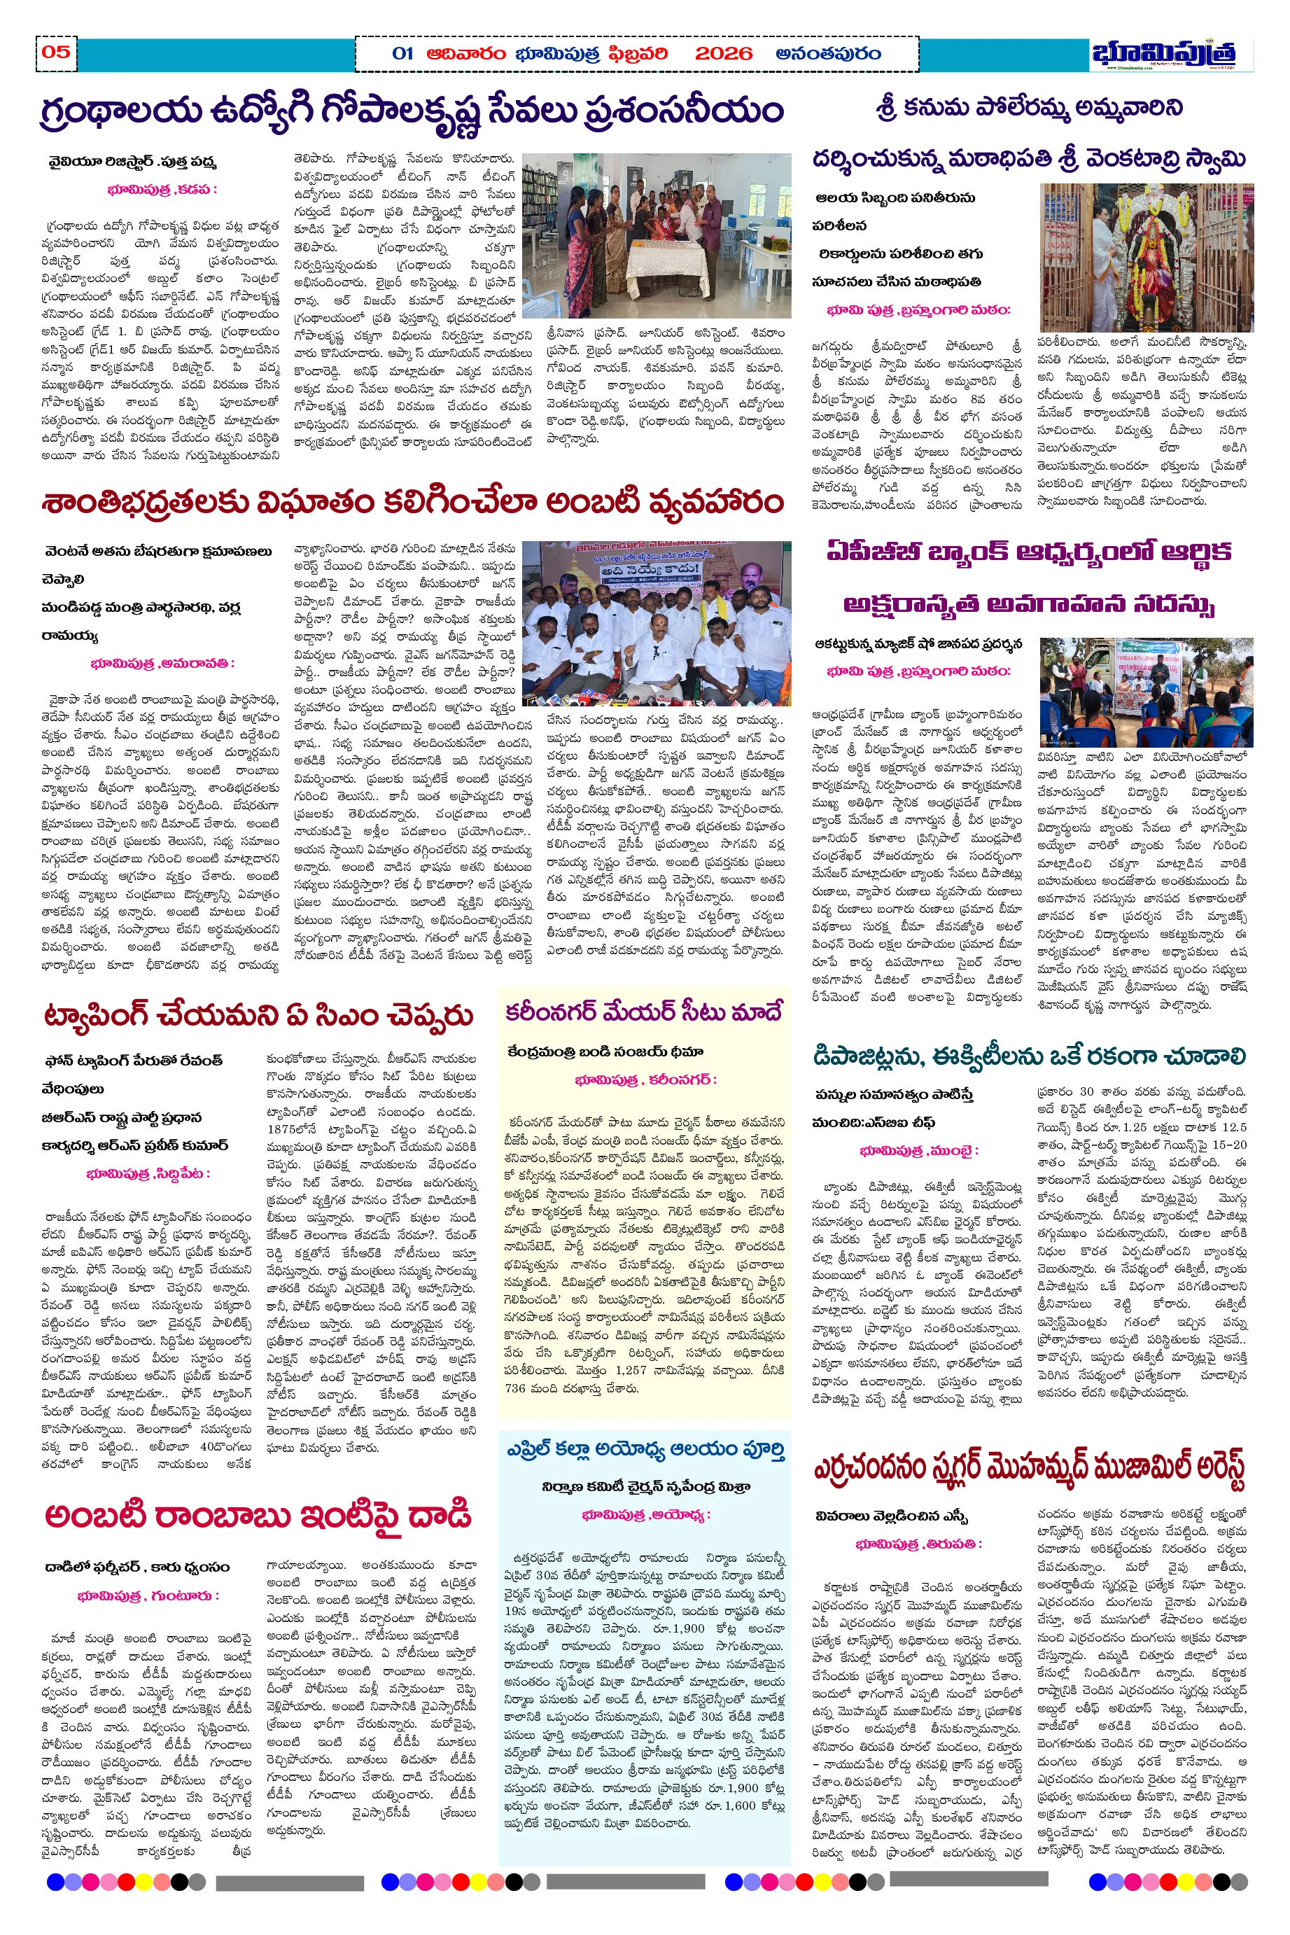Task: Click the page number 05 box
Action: coord(56,53)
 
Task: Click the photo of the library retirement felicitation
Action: coord(657,235)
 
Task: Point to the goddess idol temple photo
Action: coord(1146,258)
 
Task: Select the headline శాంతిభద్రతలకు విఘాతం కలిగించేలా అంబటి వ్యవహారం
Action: coord(412,502)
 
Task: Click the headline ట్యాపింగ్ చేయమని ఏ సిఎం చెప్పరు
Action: coord(258,1015)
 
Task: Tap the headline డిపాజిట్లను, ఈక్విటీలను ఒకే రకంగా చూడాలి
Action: coord(1028,1056)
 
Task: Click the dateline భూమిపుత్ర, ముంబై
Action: coord(918,1151)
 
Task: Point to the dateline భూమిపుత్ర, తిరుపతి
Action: coord(918,1544)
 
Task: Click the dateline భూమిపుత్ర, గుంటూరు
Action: coord(148,1595)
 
